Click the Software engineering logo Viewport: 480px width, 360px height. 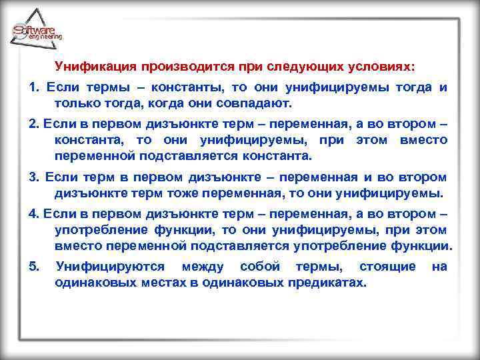[37, 31]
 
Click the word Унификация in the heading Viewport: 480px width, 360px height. [95, 67]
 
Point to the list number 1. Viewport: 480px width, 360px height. [33, 88]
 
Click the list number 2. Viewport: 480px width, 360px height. [33, 124]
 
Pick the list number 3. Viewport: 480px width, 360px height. [33, 177]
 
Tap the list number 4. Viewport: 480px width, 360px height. [33, 213]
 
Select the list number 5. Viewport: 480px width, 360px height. [33, 266]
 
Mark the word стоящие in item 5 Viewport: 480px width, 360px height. [387, 266]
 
